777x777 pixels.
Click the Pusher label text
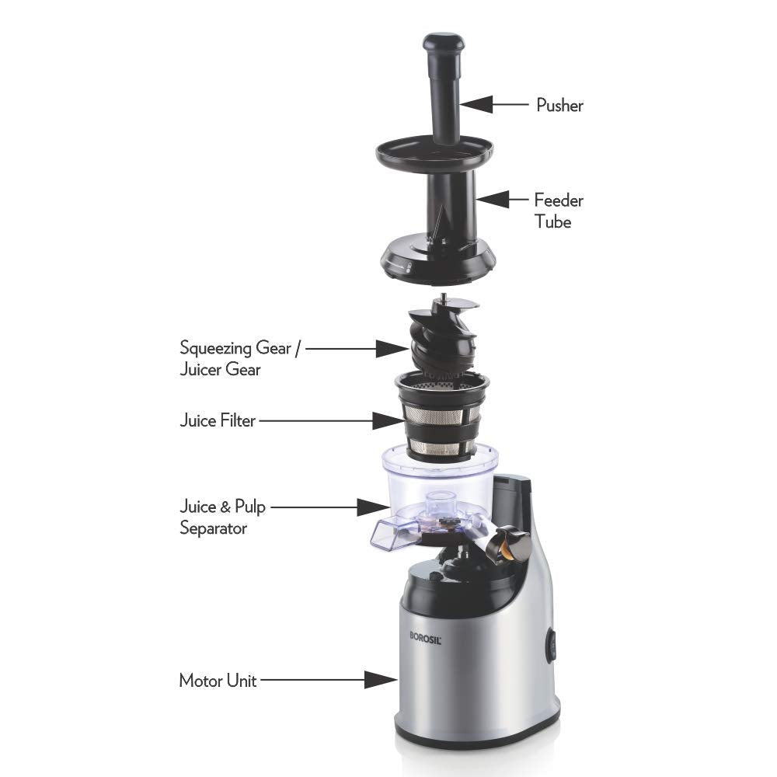pyautogui.click(x=559, y=105)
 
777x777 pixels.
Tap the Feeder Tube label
pyautogui.click(x=558, y=211)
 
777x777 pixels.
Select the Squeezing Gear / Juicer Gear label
pyautogui.click(x=235, y=357)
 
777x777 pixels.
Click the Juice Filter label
pyautogui.click(x=217, y=421)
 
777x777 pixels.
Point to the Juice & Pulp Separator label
pyautogui.click(x=223, y=517)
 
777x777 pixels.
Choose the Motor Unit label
pyautogui.click(x=218, y=681)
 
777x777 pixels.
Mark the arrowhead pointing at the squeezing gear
pyautogui.click(x=389, y=348)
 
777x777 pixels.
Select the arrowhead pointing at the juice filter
pyautogui.click(x=386, y=421)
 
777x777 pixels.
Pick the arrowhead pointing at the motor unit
pyautogui.click(x=378, y=680)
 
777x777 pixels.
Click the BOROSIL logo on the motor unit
pyautogui.click(x=426, y=633)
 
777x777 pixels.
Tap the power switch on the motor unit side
pyautogui.click(x=551, y=645)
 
